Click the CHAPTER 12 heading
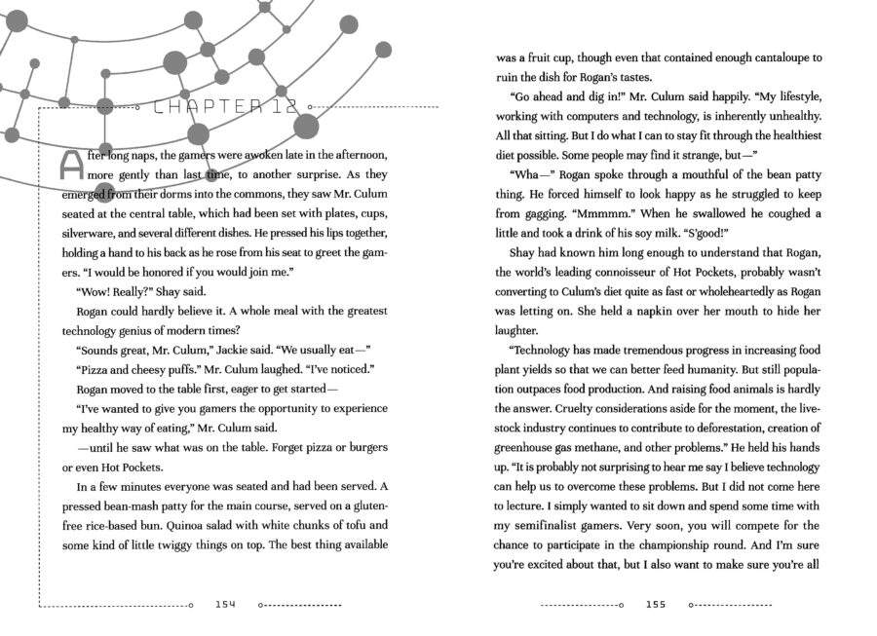tap(225, 107)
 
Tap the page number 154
tap(226, 605)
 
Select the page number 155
tap(655, 605)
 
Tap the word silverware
tap(94, 234)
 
